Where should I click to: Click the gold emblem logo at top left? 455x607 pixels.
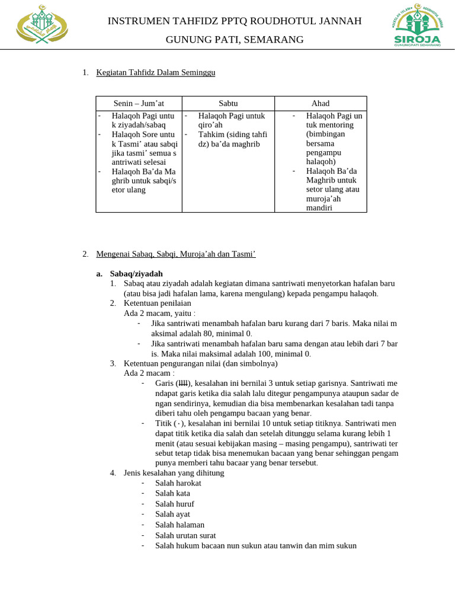point(41,25)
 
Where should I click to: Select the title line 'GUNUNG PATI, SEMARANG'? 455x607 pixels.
point(234,40)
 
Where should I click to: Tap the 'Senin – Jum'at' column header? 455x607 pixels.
point(139,103)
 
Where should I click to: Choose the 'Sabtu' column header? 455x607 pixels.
point(228,103)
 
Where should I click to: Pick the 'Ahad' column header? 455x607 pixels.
point(321,103)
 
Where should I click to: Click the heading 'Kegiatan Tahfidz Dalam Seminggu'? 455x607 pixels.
point(156,72)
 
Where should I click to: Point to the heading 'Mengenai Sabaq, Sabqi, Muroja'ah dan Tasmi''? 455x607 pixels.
point(175,254)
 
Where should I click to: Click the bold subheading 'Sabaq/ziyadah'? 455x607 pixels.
point(136,273)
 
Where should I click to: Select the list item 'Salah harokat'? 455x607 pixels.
point(178,483)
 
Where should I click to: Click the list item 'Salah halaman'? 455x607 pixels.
point(180,525)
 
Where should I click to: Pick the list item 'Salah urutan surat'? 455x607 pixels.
point(185,535)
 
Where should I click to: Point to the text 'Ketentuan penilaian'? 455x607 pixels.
point(158,303)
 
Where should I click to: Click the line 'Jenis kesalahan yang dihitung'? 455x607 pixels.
point(174,472)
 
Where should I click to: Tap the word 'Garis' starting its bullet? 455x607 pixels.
point(164,384)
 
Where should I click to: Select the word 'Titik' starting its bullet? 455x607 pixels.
point(164,423)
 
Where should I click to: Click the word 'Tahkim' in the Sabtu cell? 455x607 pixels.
point(212,135)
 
